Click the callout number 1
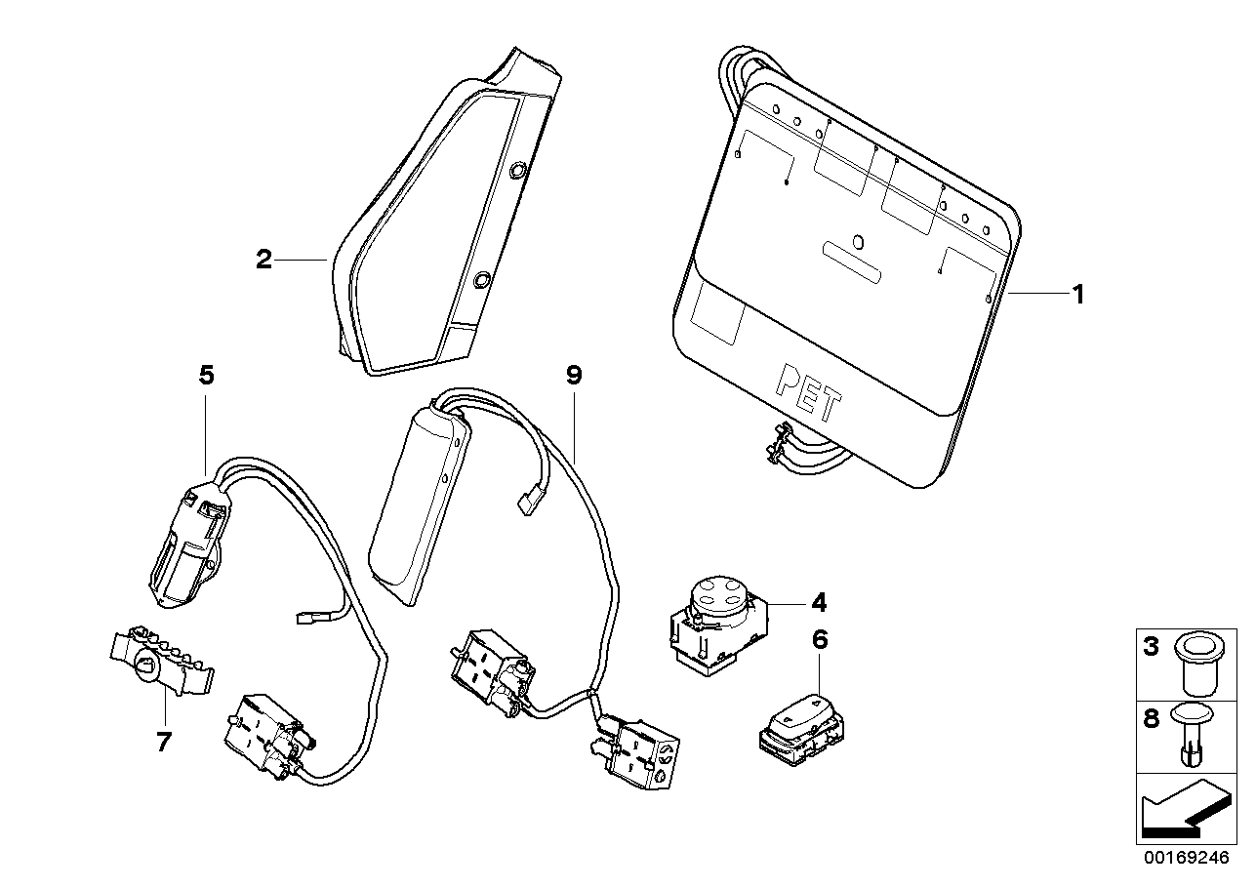1077,293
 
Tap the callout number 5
206,374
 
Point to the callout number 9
573,375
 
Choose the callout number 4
818,601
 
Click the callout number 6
819,640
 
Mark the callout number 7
163,742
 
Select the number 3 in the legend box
1151,646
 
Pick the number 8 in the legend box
1151,719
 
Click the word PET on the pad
807,391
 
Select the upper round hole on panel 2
516,170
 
